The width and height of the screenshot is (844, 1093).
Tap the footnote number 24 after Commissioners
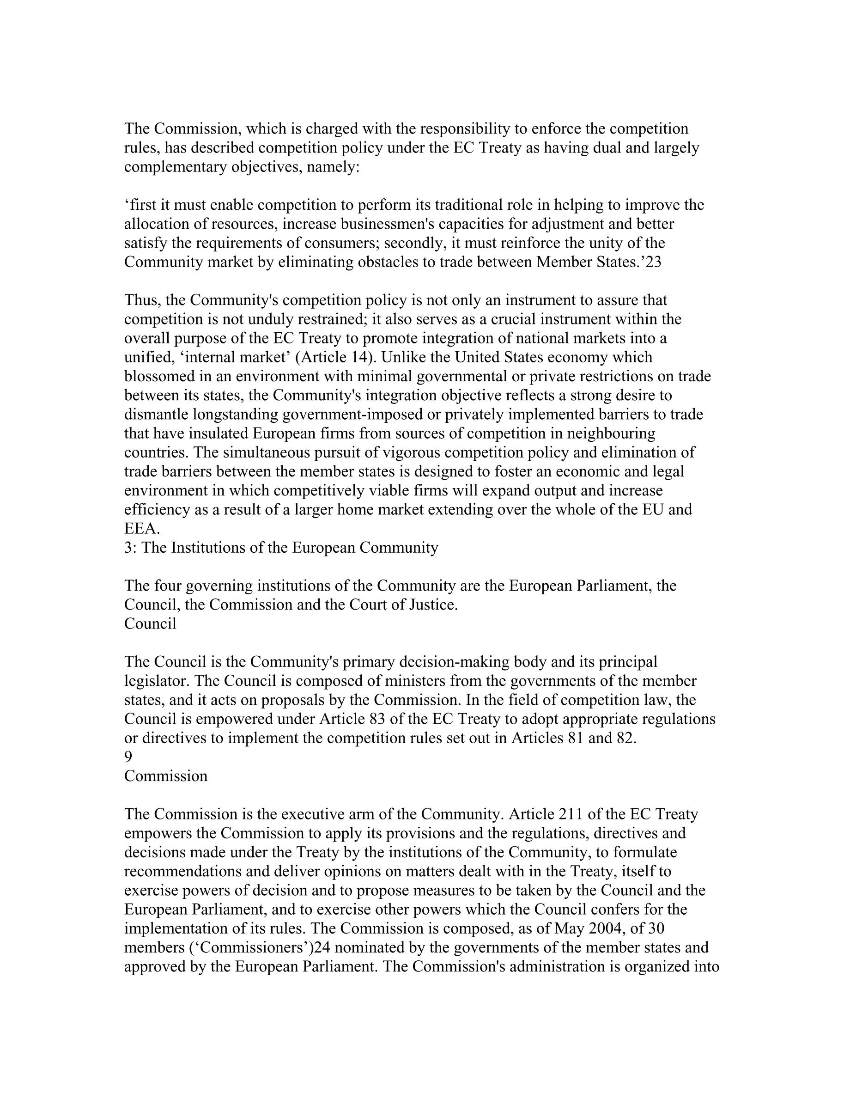point(317,947)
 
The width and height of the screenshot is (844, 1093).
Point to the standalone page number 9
point(128,757)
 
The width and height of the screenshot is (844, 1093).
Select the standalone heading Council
point(150,623)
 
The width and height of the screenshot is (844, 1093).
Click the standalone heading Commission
point(165,775)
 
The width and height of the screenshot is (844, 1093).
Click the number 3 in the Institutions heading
point(128,548)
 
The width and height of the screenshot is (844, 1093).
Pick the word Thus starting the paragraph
point(140,300)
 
